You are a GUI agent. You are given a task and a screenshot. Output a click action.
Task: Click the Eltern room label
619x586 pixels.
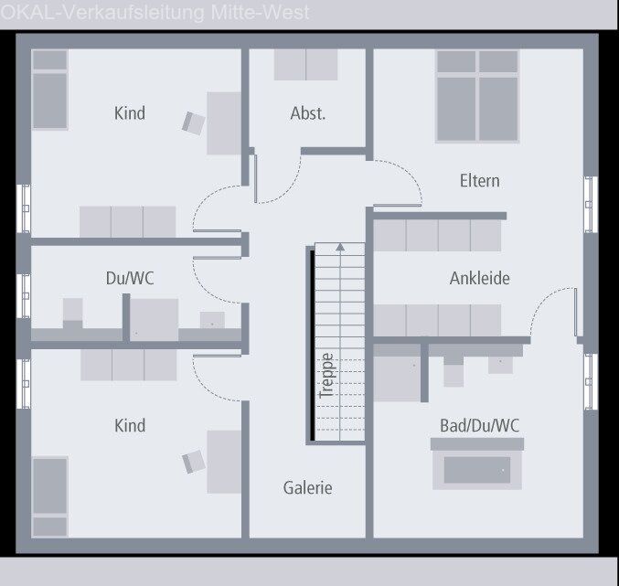pyautogui.click(x=479, y=181)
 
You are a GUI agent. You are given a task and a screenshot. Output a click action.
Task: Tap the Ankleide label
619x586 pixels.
pyautogui.click(x=479, y=278)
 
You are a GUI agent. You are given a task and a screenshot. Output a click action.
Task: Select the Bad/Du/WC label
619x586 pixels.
pyautogui.click(x=479, y=425)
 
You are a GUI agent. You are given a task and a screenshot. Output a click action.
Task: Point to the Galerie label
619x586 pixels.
pyautogui.click(x=307, y=488)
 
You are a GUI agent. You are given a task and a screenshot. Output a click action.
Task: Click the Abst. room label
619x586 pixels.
pyautogui.click(x=307, y=114)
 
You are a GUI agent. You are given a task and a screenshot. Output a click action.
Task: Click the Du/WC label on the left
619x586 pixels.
pyautogui.click(x=129, y=278)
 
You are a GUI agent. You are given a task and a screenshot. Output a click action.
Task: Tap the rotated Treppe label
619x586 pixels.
pyautogui.click(x=326, y=374)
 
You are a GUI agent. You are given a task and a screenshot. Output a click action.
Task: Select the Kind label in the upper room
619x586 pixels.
pyautogui.click(x=129, y=113)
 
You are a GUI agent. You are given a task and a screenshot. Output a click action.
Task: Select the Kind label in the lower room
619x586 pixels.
pyautogui.click(x=129, y=425)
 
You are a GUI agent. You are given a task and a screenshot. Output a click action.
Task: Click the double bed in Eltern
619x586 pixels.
pyautogui.click(x=477, y=96)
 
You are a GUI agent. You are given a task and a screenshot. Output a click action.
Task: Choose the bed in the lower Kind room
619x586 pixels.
pyautogui.click(x=50, y=496)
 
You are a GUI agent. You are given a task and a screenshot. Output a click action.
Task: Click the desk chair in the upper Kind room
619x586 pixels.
pyautogui.click(x=193, y=123)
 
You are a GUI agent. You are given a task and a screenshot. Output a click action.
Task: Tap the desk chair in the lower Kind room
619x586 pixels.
pyautogui.click(x=193, y=461)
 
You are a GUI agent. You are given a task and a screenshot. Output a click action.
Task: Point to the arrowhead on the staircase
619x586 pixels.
pyautogui.click(x=340, y=246)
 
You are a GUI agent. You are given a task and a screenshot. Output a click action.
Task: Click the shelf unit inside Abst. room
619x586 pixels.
pyautogui.click(x=307, y=65)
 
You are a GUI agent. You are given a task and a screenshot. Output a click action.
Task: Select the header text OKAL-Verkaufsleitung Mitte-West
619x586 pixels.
pyautogui.click(x=155, y=13)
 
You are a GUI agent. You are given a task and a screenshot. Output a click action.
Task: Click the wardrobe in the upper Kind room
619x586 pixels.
pyautogui.click(x=127, y=222)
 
